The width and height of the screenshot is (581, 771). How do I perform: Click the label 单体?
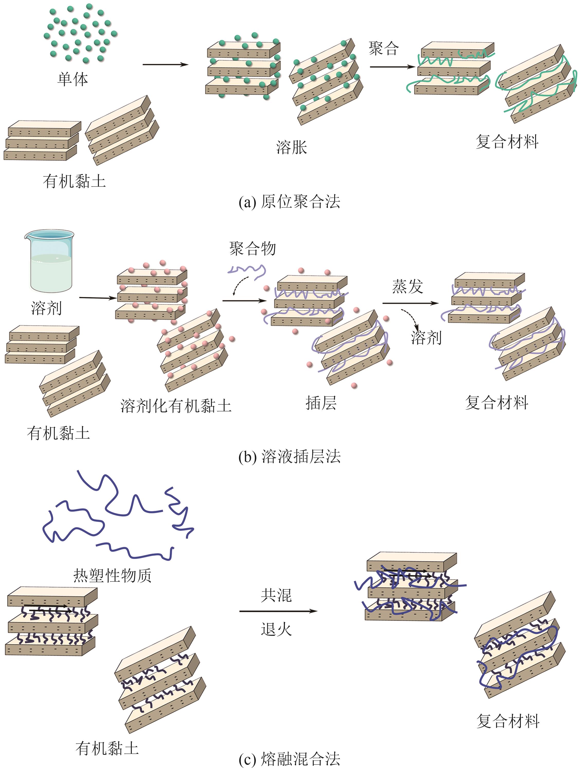(72, 79)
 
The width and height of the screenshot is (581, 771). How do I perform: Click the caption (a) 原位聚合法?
(289, 201)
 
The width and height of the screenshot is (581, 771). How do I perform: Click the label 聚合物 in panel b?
(252, 249)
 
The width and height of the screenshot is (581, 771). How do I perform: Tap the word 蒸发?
(407, 286)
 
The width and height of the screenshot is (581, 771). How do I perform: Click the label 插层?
(321, 403)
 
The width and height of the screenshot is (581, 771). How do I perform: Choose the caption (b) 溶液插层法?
(289, 456)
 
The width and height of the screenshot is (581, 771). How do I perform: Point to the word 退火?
(276, 629)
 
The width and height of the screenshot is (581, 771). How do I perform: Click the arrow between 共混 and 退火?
(278, 611)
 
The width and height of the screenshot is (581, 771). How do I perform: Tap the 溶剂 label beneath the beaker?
(46, 308)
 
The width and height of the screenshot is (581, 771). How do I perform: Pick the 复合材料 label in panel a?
(507, 142)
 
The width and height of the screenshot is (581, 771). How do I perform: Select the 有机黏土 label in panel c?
(107, 748)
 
